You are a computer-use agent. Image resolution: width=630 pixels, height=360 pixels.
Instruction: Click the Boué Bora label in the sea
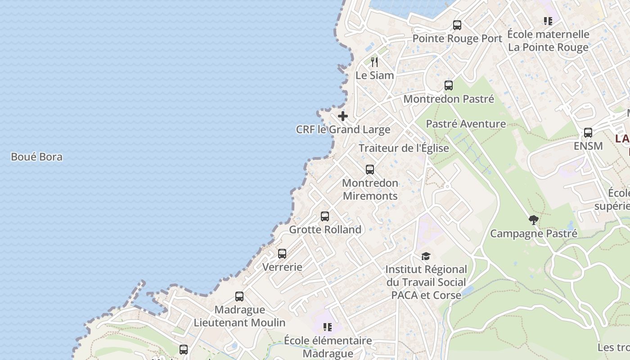point(36,157)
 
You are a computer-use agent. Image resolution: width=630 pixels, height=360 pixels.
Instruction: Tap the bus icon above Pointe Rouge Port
point(457,25)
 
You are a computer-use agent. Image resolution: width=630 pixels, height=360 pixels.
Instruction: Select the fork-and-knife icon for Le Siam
point(374,62)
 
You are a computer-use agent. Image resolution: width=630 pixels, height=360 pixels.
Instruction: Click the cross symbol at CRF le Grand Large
point(343,116)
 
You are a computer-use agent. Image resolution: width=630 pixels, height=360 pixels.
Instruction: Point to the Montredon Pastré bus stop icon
point(449,85)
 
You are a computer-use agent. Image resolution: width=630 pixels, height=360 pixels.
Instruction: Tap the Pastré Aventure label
point(466,124)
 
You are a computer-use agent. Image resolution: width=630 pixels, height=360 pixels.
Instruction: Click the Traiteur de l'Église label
point(404,148)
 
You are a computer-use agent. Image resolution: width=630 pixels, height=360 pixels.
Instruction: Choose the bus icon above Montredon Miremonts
point(370,170)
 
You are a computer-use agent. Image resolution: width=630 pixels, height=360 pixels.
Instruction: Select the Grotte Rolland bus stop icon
point(325,216)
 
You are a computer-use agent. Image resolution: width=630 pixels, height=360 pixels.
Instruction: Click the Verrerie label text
point(282,267)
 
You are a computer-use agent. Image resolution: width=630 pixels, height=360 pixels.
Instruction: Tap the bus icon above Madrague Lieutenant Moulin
point(239,297)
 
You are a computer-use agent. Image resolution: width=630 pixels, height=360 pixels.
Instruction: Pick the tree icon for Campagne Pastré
point(534,220)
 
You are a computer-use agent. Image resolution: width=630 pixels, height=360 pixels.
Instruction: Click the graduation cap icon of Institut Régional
point(426,256)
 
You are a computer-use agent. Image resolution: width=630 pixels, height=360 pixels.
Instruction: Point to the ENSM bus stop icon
point(588,133)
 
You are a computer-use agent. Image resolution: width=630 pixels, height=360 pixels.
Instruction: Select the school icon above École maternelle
point(548,21)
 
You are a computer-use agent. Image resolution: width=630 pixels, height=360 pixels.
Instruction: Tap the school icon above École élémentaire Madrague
point(328,327)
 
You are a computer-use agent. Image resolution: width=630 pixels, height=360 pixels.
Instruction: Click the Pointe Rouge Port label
point(457,39)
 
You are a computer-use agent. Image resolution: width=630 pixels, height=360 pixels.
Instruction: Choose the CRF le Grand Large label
point(343,130)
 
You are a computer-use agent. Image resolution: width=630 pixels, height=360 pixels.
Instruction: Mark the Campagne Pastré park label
point(533,234)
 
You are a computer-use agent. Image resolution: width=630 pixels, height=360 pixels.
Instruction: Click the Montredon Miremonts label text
point(370,189)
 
